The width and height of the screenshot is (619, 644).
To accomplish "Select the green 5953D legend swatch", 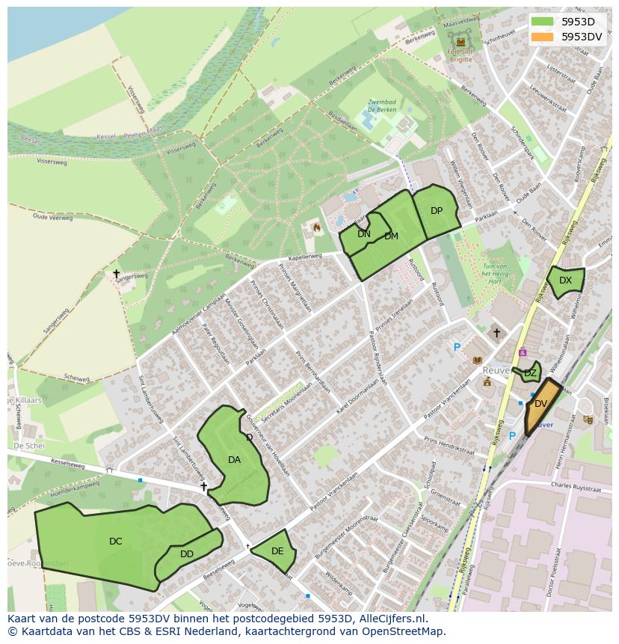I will [x=543, y=22].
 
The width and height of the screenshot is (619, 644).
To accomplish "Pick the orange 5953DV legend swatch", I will [x=543, y=37].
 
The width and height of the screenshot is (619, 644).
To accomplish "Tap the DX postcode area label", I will [x=565, y=280].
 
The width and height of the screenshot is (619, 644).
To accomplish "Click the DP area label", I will [x=437, y=211].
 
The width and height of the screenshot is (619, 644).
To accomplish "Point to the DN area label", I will [x=364, y=234].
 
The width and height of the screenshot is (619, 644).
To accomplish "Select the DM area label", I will [x=391, y=236].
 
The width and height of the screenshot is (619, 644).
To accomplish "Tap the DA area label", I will [x=234, y=460].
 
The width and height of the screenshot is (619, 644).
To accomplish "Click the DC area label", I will [x=115, y=542].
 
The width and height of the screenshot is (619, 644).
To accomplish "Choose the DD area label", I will [x=187, y=554].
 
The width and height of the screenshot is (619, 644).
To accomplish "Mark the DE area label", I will [x=277, y=551].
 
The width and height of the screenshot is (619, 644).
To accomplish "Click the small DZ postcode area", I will [x=530, y=372].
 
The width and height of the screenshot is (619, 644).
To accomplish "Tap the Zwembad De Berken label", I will [x=383, y=106].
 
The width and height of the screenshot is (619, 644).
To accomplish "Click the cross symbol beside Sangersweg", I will [x=116, y=274].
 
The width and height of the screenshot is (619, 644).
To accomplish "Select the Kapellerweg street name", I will [x=304, y=256].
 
